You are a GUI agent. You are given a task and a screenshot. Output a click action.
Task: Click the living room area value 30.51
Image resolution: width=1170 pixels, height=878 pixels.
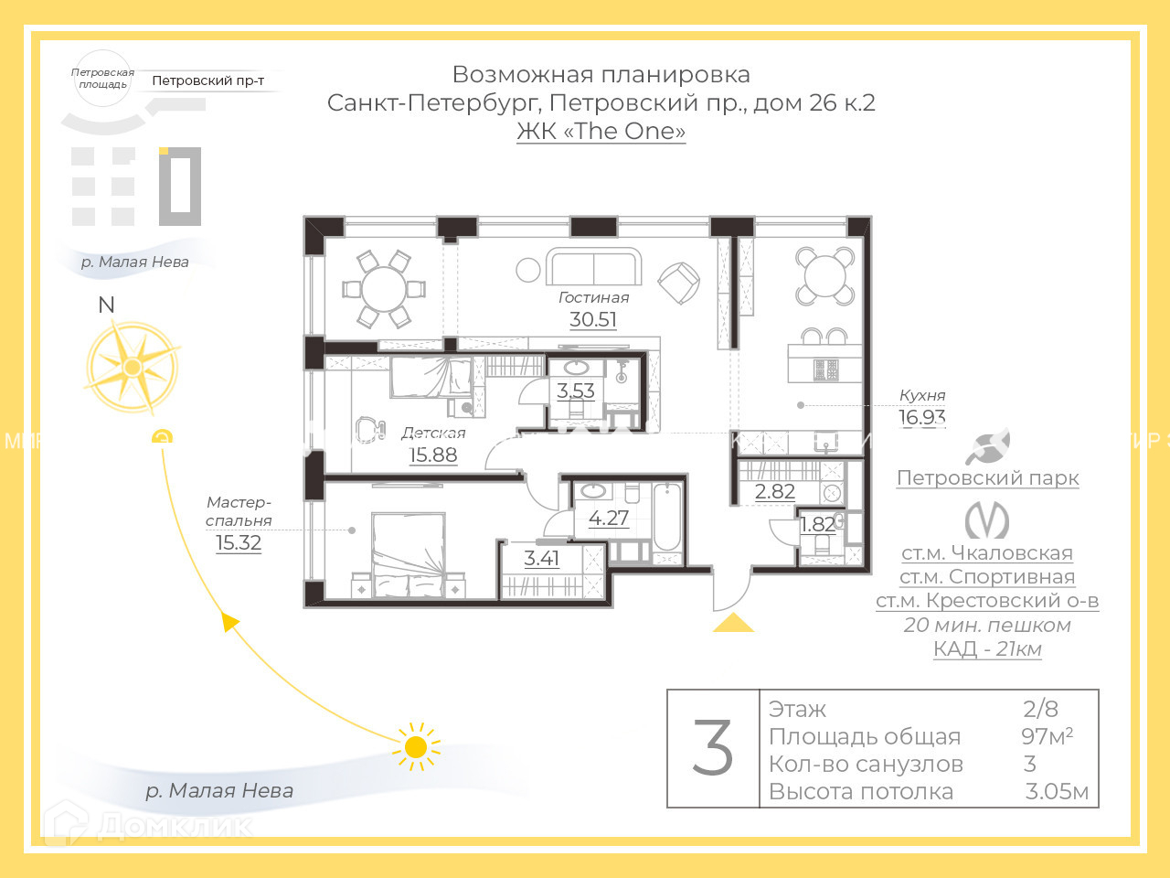click(593, 319)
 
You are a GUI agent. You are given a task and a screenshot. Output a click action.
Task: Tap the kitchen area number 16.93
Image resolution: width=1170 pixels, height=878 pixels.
click(921, 417)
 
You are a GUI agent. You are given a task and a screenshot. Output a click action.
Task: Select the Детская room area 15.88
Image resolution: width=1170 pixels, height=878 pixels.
click(432, 455)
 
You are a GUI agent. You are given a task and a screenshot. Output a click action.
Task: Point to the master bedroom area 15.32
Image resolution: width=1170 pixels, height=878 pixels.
click(239, 542)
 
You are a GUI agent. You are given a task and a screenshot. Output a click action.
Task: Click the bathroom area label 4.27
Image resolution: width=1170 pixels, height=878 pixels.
click(609, 518)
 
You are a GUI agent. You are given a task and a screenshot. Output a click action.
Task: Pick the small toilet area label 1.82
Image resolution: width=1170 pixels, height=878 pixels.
click(817, 524)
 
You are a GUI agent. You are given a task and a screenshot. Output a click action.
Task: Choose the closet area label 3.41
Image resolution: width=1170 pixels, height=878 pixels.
click(541, 558)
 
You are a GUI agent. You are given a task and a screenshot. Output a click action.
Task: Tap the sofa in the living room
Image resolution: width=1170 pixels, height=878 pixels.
click(594, 267)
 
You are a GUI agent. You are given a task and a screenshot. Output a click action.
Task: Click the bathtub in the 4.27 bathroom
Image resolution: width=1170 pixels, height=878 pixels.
click(668, 519)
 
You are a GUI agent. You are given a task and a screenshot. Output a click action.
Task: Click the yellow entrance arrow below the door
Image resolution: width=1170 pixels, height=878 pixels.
click(733, 624)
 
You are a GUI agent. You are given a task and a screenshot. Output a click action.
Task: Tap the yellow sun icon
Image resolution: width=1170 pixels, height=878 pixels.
click(416, 747)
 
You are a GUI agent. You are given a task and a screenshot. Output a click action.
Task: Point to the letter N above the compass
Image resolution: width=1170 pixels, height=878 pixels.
click(107, 305)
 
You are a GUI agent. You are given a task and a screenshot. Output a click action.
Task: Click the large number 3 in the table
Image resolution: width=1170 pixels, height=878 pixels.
click(713, 748)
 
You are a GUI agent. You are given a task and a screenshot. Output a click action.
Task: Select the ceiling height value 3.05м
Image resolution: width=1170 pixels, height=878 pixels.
click(1057, 791)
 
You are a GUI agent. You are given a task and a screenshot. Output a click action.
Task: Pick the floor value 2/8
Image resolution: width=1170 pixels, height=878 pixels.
click(1040, 709)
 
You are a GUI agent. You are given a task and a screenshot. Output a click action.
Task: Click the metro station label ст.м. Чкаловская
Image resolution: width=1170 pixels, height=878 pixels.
click(987, 552)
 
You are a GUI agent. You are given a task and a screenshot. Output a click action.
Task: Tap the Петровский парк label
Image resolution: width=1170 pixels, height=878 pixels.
click(987, 477)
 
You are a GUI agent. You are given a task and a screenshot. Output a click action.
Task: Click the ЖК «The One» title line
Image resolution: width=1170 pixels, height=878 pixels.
click(601, 131)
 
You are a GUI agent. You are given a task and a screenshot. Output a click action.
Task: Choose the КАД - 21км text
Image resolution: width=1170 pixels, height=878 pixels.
click(987, 648)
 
